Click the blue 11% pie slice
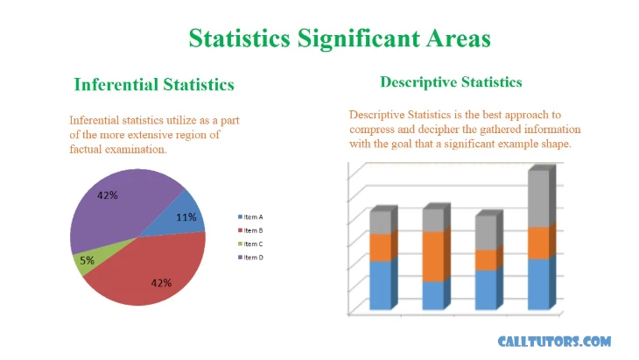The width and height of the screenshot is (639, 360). point(181,216)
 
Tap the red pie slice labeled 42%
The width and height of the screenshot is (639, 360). point(155,273)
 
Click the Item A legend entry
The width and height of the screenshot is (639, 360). point(250,217)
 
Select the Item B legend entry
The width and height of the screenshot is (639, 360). point(250,230)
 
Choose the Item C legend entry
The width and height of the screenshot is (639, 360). point(250,244)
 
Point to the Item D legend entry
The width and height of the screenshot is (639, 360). point(250,258)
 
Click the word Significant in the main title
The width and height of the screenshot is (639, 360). point(359,39)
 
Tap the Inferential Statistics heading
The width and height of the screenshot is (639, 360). point(154,84)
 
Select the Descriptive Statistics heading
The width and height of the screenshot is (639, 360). point(451,82)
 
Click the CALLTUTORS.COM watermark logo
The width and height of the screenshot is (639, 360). point(554,342)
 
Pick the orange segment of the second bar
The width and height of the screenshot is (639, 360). point(436,255)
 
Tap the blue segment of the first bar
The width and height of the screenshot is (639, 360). point(383,284)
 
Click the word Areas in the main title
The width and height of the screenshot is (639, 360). point(459,39)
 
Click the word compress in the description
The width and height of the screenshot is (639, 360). point(372,130)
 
